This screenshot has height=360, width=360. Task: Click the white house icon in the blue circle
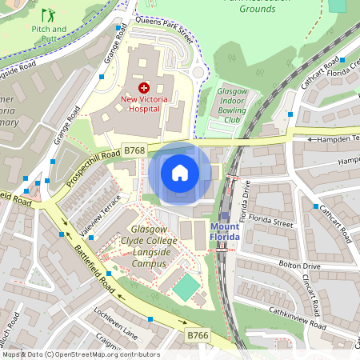[180, 173]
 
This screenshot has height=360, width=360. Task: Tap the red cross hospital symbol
[144, 86]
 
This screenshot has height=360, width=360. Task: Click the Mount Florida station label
[230, 232]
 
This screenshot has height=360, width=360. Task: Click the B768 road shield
[134, 150]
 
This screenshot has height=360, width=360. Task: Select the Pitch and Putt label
[49, 33]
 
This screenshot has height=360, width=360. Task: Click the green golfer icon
[49, 14]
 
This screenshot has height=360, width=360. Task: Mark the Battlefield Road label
[95, 273]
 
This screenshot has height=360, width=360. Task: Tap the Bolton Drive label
[299, 265]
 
